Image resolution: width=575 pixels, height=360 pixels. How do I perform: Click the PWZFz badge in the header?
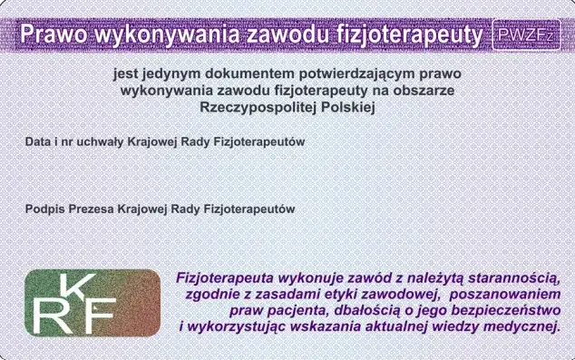(x=526, y=34)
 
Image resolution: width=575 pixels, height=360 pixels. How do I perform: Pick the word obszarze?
(x=426, y=91)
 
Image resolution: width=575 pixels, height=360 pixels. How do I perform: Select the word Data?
(x=38, y=143)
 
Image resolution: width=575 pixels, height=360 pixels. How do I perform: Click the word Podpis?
(x=44, y=209)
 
